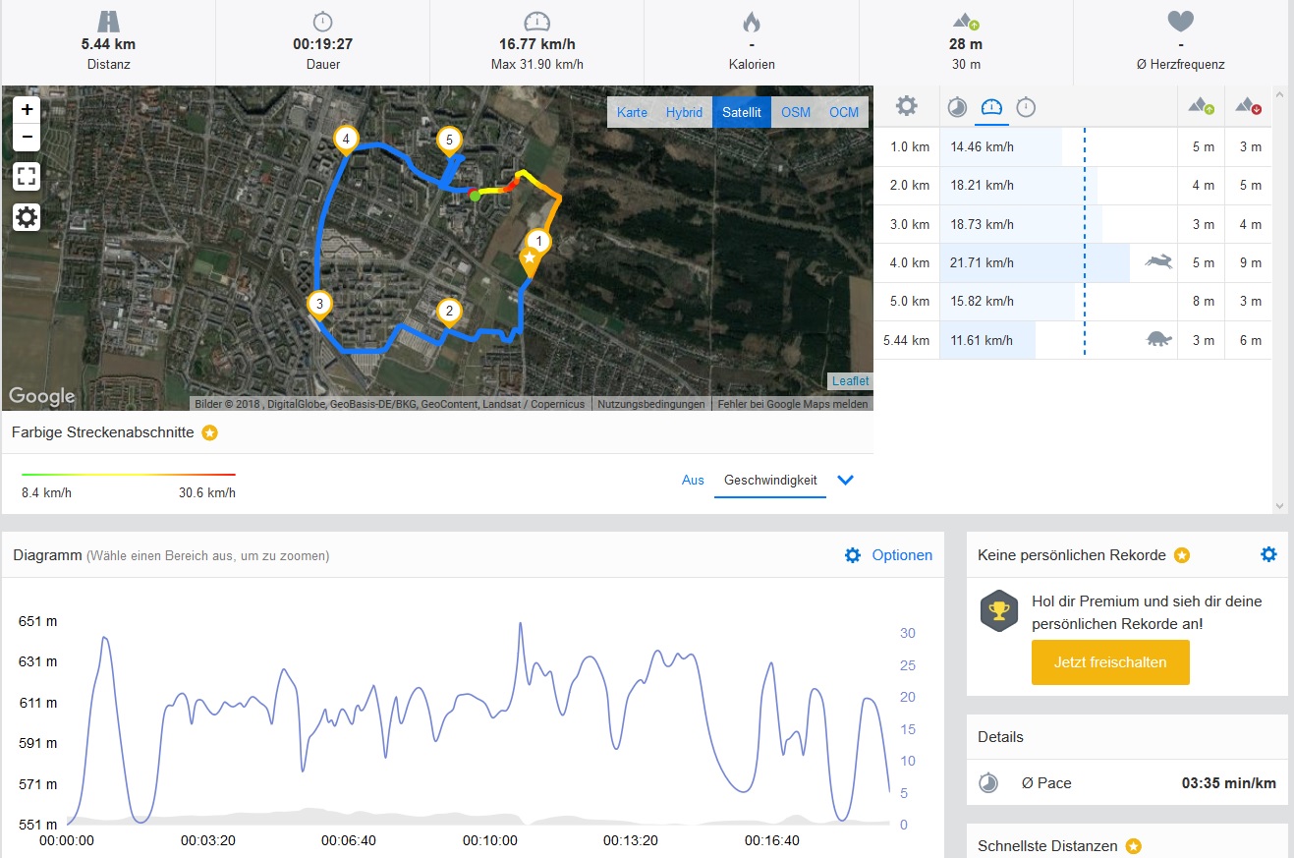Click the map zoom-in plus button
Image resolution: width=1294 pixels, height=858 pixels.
[x=27, y=110]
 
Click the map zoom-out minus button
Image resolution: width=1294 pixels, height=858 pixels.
[x=27, y=137]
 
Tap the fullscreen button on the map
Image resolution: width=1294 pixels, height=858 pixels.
[x=27, y=177]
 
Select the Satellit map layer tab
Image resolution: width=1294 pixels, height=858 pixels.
[x=742, y=112]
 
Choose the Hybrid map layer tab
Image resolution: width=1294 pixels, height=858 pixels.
[x=684, y=112]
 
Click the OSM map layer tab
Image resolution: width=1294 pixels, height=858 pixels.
[x=796, y=112]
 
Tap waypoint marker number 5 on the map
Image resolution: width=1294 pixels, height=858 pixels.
[x=449, y=142]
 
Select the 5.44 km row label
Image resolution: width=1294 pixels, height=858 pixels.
[x=906, y=341]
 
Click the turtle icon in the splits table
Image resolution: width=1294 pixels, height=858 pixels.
[x=1159, y=340]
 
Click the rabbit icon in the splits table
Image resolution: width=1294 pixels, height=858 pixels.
[x=1158, y=262]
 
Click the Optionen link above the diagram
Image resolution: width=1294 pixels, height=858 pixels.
[x=901, y=555]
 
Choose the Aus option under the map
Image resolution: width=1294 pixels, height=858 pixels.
[x=693, y=481]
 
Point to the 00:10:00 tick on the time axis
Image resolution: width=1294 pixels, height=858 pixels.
[x=489, y=841]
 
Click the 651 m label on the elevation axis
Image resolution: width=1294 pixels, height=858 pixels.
[x=37, y=621]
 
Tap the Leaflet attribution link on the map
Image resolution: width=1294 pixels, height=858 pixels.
[x=850, y=381]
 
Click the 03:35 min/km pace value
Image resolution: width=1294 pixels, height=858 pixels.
[x=1228, y=783]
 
